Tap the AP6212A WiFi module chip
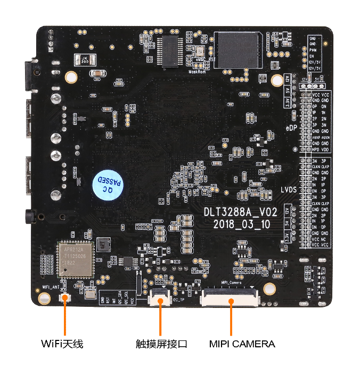[x=75, y=259]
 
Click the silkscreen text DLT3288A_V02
[x=241, y=212]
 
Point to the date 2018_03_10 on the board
[x=241, y=224]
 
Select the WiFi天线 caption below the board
[x=62, y=344]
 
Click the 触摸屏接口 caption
[x=161, y=344]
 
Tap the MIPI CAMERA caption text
[x=242, y=344]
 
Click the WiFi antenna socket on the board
[x=66, y=297]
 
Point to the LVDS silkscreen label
[x=288, y=190]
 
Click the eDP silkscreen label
[x=291, y=128]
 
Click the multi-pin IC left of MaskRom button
[x=171, y=51]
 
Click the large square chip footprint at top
[x=238, y=49]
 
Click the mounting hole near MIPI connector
[x=270, y=289]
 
